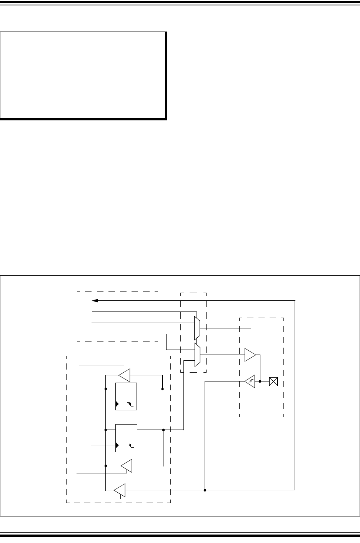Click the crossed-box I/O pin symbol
pyautogui.click(x=273, y=381)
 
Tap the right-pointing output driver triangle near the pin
pyautogui.click(x=250, y=355)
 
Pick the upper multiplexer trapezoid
pyautogui.click(x=197, y=328)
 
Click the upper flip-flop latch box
pyautogui.click(x=126, y=396)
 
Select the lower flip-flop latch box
pyautogui.click(x=126, y=438)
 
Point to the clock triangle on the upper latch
pyautogui.click(x=117, y=404)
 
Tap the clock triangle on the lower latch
pyautogui.click(x=117, y=445)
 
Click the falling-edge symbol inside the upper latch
pyautogui.click(x=131, y=404)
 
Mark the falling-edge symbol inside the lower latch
pyautogui.click(x=131, y=445)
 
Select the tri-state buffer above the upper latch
pyautogui.click(x=125, y=374)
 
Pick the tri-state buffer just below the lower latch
pyautogui.click(x=126, y=466)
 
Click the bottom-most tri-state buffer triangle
pyautogui.click(x=120, y=490)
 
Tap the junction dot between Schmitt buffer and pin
pyautogui.click(x=261, y=381)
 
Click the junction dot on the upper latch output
pyautogui.click(x=163, y=389)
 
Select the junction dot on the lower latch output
pyautogui.click(x=163, y=430)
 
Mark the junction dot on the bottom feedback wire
pyautogui.click(x=205, y=490)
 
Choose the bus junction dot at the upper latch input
pyautogui.click(x=105, y=389)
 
